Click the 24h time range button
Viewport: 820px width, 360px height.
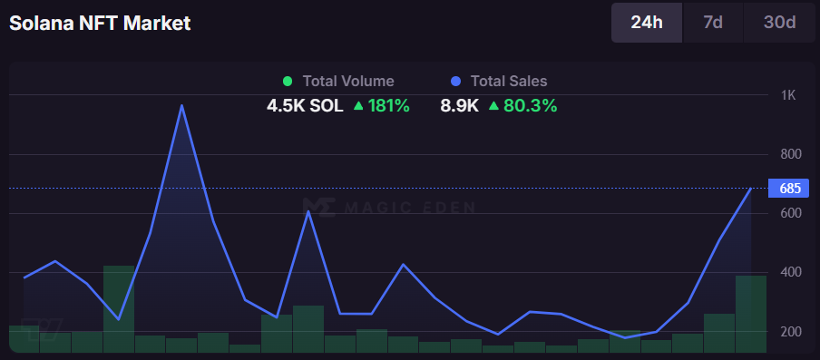[646, 23]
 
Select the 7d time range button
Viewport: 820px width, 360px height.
[713, 23]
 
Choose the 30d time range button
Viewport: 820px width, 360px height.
[779, 23]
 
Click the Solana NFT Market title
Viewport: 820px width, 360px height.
[100, 24]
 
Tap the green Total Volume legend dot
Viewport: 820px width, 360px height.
[288, 82]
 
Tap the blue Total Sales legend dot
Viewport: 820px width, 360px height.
[455, 82]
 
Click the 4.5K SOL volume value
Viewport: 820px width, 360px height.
[305, 105]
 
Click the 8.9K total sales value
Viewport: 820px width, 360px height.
[459, 105]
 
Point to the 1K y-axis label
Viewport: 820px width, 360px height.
[787, 95]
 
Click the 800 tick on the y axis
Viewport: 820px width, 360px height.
[789, 154]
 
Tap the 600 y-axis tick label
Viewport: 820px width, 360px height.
[789, 213]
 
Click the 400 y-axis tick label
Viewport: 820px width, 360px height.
[789, 272]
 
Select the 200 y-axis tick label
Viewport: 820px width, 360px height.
[789, 332]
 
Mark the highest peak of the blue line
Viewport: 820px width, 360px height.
[181, 105]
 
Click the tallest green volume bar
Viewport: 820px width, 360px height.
[119, 308]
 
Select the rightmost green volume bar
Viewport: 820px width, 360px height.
[751, 314]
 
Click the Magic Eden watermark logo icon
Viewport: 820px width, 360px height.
[317, 207]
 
